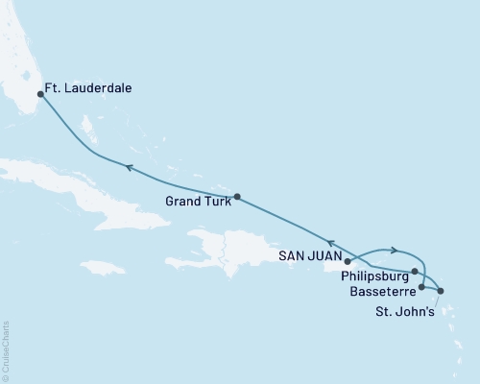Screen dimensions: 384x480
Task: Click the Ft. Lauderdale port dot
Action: click(x=40, y=94)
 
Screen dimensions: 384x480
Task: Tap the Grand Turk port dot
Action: click(x=236, y=197)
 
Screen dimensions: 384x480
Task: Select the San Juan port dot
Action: click(x=348, y=260)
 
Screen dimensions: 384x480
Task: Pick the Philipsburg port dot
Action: click(x=415, y=272)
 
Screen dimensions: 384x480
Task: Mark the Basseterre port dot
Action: click(x=422, y=286)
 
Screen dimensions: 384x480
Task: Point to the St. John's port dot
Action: click(x=441, y=291)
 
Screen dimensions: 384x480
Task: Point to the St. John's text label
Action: click(x=402, y=309)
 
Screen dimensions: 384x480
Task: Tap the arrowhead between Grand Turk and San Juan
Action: click(x=329, y=243)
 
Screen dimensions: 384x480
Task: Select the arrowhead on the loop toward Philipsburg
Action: click(x=394, y=251)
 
